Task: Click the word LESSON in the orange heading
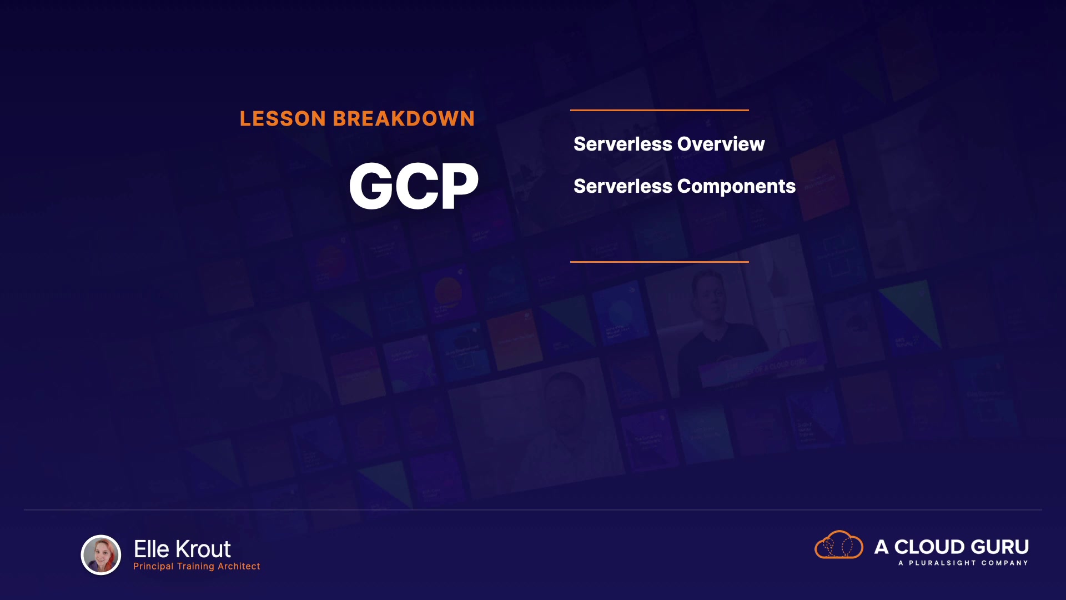click(x=283, y=119)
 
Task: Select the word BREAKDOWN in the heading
click(x=404, y=119)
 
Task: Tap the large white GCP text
click(x=414, y=186)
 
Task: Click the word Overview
click(x=721, y=144)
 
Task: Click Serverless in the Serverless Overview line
click(x=623, y=144)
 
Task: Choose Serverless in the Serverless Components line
click(x=623, y=186)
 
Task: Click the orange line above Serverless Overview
click(x=660, y=110)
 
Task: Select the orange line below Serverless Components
click(x=660, y=262)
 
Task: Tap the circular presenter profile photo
click(x=101, y=554)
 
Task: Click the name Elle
click(x=152, y=549)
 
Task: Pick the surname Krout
click(x=203, y=549)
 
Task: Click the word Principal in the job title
click(x=153, y=567)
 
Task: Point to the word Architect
click(x=239, y=566)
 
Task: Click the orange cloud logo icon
click(x=839, y=544)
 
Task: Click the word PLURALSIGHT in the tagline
click(x=942, y=563)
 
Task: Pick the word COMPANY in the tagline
click(x=1005, y=563)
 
